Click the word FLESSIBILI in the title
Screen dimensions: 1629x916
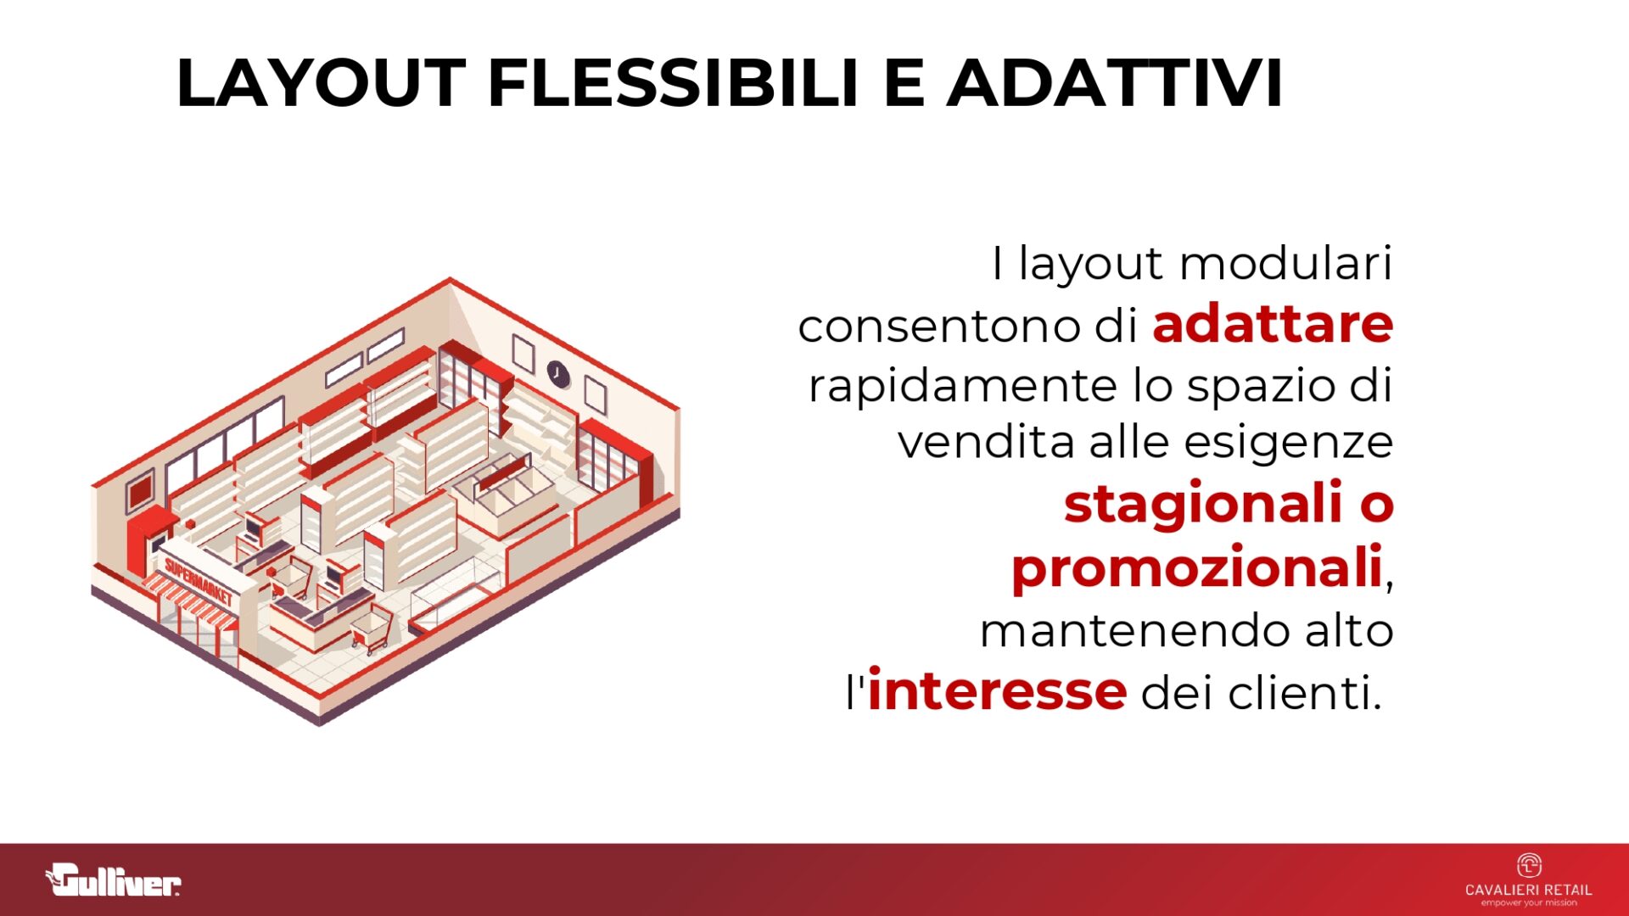674,83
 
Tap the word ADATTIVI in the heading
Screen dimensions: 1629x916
1115,83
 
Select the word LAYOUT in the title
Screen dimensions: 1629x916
321,83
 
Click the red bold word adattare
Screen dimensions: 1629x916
1273,324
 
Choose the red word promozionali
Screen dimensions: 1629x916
1197,567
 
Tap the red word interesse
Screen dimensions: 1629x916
997,690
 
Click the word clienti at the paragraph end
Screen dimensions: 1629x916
1306,692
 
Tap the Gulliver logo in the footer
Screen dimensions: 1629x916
113,880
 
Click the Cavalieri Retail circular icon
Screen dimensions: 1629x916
1529,865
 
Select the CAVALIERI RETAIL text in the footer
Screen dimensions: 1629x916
1529,890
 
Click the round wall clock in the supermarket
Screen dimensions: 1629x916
557,371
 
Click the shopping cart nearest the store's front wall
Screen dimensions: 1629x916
372,628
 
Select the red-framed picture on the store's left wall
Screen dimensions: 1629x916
140,491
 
